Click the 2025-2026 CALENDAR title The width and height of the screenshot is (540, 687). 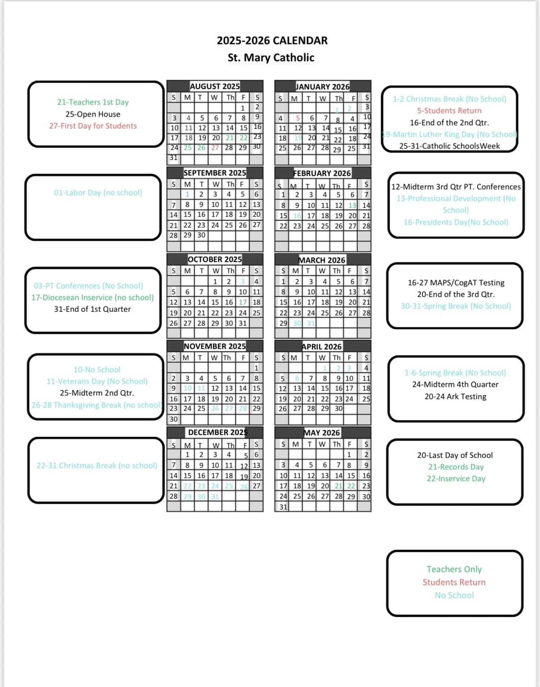click(x=272, y=41)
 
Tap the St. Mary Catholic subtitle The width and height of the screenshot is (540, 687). click(x=271, y=58)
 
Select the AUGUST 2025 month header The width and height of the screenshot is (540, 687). click(x=215, y=86)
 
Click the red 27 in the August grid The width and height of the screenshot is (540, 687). click(x=215, y=147)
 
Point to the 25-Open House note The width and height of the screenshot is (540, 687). click(x=93, y=114)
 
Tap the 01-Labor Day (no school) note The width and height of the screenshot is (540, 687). click(x=98, y=193)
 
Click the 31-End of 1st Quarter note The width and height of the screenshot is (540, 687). click(x=92, y=309)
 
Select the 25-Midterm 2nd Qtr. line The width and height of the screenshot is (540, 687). click(x=97, y=393)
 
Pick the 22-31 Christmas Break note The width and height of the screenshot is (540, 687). click(x=97, y=466)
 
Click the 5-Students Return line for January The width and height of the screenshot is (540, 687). click(x=449, y=111)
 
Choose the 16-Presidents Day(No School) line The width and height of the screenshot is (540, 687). click(x=456, y=222)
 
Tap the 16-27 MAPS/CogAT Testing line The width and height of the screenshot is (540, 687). click(x=456, y=283)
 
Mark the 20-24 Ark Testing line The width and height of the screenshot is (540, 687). click(x=455, y=397)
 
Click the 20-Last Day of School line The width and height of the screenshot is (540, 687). click(x=455, y=455)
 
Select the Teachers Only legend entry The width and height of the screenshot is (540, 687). click(x=454, y=570)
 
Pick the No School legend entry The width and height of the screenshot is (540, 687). click(x=454, y=596)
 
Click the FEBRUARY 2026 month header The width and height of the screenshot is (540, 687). click(x=322, y=173)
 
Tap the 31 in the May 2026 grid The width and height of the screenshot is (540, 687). click(x=283, y=507)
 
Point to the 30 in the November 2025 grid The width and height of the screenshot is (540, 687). click(x=173, y=419)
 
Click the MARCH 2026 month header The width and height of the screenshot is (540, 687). click(x=322, y=260)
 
